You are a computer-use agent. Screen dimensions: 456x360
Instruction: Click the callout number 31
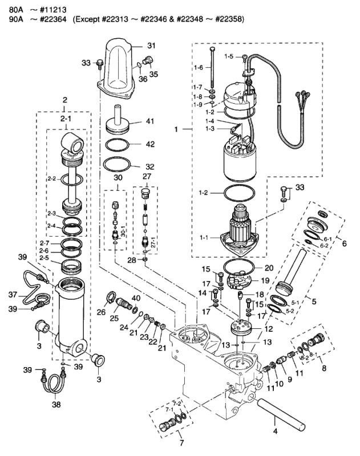click(151, 45)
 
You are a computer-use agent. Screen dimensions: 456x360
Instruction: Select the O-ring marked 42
click(122, 145)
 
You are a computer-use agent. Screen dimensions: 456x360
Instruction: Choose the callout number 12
click(268, 329)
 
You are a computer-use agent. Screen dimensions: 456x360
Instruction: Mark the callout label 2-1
click(65, 118)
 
